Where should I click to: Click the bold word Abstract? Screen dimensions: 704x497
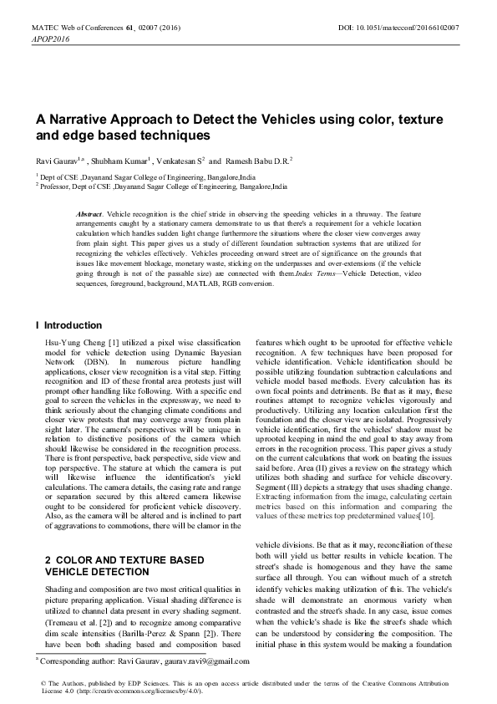coord(89,215)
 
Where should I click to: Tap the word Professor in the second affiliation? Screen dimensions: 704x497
coord(57,188)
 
